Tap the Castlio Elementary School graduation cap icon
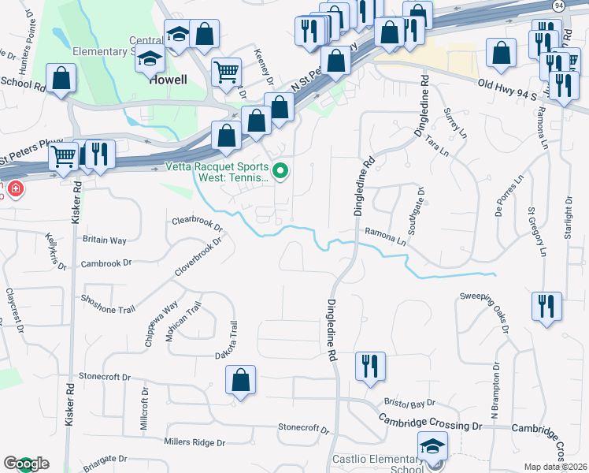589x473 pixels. [432, 447]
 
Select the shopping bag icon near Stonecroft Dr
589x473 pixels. [241, 381]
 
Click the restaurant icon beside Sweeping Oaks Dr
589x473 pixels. [546, 305]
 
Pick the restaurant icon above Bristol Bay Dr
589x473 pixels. [369, 366]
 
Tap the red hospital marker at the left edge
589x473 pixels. [14, 190]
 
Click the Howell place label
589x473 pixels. [169, 80]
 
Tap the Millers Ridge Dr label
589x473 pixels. [194, 442]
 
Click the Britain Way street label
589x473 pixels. [105, 240]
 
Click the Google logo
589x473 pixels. [25, 464]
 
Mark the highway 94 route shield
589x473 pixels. [558, 6]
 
